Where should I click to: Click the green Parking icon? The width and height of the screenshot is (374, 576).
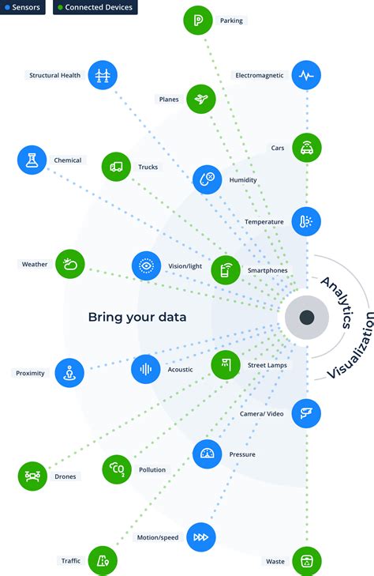tap(197, 21)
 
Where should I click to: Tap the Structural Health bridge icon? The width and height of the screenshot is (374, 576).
tap(103, 75)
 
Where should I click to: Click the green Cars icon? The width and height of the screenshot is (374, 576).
tap(306, 147)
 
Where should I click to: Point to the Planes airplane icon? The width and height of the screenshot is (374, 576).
tap(201, 99)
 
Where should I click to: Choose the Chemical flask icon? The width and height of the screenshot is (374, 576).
tap(32, 160)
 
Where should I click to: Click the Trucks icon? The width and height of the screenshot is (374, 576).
tap(116, 167)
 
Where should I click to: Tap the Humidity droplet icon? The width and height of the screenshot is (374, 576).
tap(208, 179)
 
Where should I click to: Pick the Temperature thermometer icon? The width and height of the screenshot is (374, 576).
tap(306, 222)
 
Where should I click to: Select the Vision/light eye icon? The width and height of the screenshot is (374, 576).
tap(147, 267)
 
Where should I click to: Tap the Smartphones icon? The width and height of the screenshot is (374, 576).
tap(226, 270)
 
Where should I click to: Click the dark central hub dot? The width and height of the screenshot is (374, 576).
tap(307, 318)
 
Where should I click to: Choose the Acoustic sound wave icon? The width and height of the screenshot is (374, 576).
tap(146, 368)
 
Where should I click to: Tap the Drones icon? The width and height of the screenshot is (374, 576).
tap(32, 476)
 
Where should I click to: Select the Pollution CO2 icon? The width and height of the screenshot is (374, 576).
tap(117, 469)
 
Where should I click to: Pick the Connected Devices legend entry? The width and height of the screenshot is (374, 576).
tap(95, 7)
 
